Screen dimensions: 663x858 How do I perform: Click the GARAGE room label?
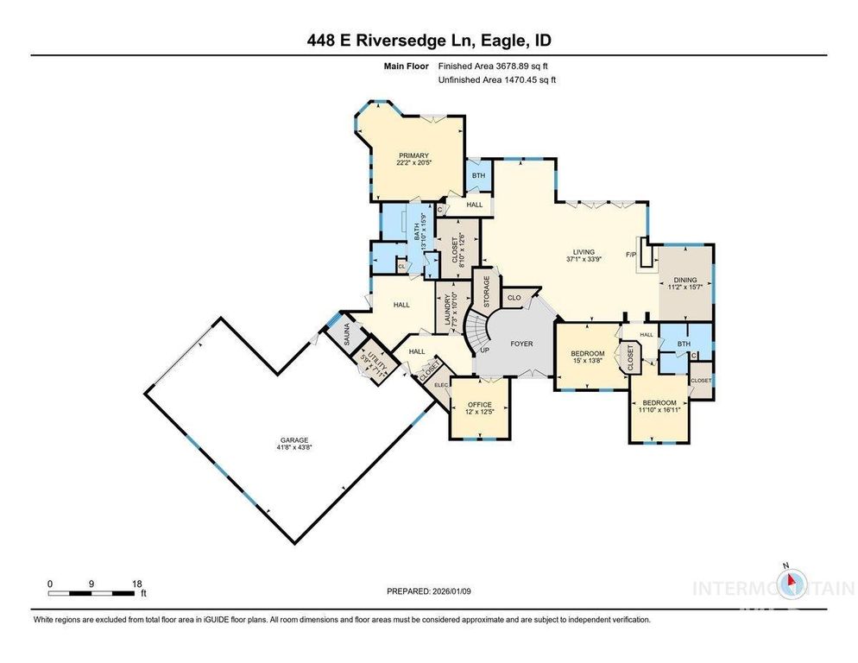coord(293,439)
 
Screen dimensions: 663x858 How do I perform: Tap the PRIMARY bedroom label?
coord(413,155)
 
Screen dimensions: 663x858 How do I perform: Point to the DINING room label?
coord(685,280)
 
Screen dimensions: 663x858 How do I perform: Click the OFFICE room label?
coord(479,405)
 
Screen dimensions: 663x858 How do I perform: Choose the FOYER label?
coord(521,344)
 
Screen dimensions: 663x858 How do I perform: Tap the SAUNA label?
coord(341,333)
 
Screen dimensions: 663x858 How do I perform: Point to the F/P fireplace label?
coord(630,255)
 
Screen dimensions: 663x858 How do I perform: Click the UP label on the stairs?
coord(483,350)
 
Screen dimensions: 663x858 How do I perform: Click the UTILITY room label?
coord(375,356)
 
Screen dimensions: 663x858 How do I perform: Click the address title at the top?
coord(428,41)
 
